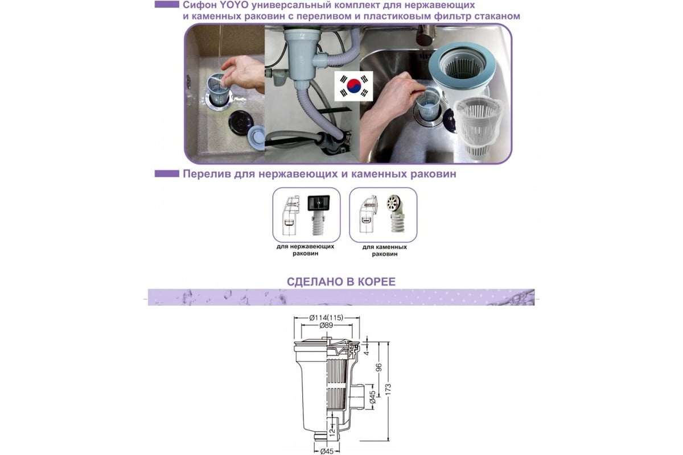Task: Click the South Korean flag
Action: pos(353,86)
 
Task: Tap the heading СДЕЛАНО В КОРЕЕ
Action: pos(341,282)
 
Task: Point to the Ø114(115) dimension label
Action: pos(326,317)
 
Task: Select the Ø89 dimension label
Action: pos(326,325)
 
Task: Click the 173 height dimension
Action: pos(388,390)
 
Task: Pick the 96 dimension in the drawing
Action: pos(378,367)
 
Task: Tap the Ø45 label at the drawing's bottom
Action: pos(327,451)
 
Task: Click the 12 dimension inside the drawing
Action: pos(332,431)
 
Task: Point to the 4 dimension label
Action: pos(367,353)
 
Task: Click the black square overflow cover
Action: pos(318,203)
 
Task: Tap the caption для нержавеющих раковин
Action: pos(305,250)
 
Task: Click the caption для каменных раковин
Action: pos(385,250)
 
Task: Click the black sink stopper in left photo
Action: pos(241,121)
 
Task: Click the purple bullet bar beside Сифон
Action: pos(167,5)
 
